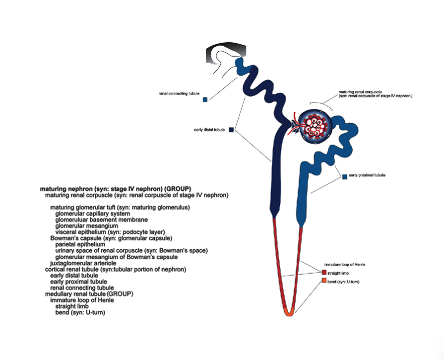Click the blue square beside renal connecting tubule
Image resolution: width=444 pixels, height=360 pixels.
[x=205, y=99]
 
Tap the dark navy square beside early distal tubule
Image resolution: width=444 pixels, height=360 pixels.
[x=231, y=130]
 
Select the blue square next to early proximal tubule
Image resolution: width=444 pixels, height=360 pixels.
[x=345, y=176]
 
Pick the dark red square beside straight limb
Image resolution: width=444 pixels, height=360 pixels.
[x=324, y=273]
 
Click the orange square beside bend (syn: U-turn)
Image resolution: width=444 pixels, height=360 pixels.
[x=324, y=281]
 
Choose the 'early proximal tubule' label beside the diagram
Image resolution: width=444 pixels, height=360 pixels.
[x=367, y=175]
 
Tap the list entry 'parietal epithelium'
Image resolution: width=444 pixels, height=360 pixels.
[x=80, y=244]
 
